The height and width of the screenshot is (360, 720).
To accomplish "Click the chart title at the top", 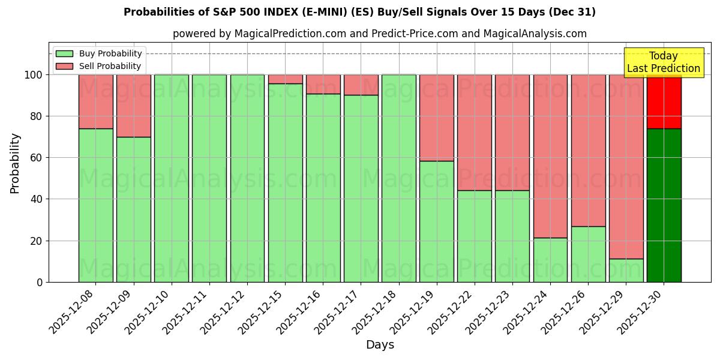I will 359,12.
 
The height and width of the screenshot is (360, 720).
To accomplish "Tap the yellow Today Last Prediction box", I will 664,62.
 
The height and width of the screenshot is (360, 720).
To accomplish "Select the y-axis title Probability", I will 15,163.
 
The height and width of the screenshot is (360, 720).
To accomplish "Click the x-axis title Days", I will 380,345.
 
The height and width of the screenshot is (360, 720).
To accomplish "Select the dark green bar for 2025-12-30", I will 664,205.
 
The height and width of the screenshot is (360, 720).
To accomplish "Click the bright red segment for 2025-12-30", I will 664,101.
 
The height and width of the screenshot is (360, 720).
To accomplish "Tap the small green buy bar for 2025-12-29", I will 626,271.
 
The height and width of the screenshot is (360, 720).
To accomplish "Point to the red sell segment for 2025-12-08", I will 95,101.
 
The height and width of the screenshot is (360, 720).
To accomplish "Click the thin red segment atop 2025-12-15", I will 285,79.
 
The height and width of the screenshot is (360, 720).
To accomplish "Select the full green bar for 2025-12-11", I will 209,178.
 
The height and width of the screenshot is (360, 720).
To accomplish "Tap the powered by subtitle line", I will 380,34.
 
